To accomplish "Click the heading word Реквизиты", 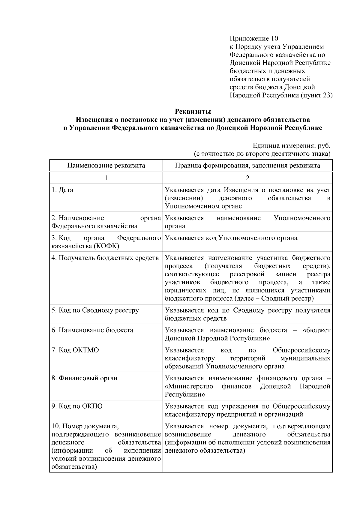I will [x=193, y=112].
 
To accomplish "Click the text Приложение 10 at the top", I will [x=254, y=38].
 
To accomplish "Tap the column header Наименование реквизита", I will [x=106, y=166].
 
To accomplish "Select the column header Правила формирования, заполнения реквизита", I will [x=247, y=166].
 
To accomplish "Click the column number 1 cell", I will [x=106, y=178].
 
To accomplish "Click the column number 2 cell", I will [x=247, y=178].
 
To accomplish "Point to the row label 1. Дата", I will [x=62, y=190].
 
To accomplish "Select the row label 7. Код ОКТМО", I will [x=75, y=350].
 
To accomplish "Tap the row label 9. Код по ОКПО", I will [x=77, y=406].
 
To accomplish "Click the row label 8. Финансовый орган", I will [x=84, y=378].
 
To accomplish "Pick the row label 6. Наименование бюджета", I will [x=92, y=330].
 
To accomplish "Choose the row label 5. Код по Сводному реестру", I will [x=95, y=310].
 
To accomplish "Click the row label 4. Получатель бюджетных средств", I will [x=105, y=258].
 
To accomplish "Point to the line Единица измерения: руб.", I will [x=291, y=146].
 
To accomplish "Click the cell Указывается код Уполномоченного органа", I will [x=231, y=238].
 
